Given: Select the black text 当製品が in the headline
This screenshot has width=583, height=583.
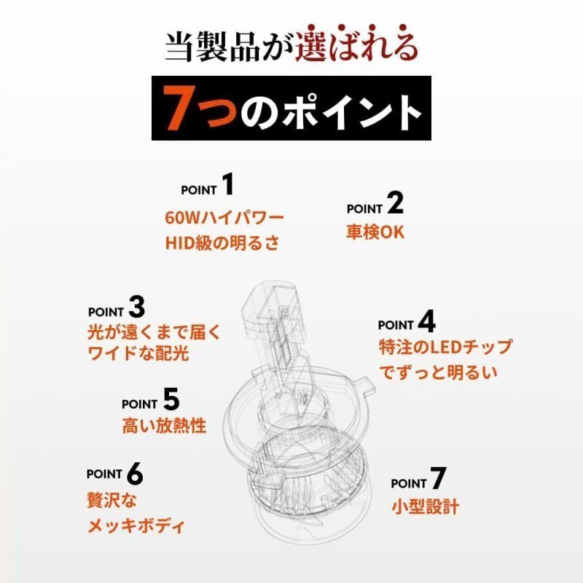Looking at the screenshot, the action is [230, 46].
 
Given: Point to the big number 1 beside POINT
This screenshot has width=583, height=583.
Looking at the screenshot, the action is [227, 184].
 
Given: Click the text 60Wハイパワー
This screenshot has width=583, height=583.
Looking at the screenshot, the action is [224, 218].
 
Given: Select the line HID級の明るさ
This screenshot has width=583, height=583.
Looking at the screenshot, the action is [222, 243].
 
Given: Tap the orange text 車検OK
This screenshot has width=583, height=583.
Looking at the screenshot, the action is [375, 232].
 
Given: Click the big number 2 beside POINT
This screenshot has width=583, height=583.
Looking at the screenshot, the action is [395, 203].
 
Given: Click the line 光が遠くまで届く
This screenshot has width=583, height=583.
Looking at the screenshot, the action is [154, 332].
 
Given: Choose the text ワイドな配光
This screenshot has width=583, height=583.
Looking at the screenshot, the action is [138, 353].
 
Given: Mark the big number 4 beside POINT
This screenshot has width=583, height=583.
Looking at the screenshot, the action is [427, 321].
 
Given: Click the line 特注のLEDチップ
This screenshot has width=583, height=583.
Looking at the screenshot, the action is [445, 348].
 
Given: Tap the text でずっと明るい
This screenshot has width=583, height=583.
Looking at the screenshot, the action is [438, 372].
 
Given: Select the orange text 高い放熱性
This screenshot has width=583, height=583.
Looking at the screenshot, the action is [164, 426].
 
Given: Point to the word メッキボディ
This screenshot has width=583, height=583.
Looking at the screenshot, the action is [136, 526].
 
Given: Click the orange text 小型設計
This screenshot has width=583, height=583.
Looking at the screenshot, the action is [426, 506].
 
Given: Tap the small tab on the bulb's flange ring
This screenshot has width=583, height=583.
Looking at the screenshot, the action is [365, 385].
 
